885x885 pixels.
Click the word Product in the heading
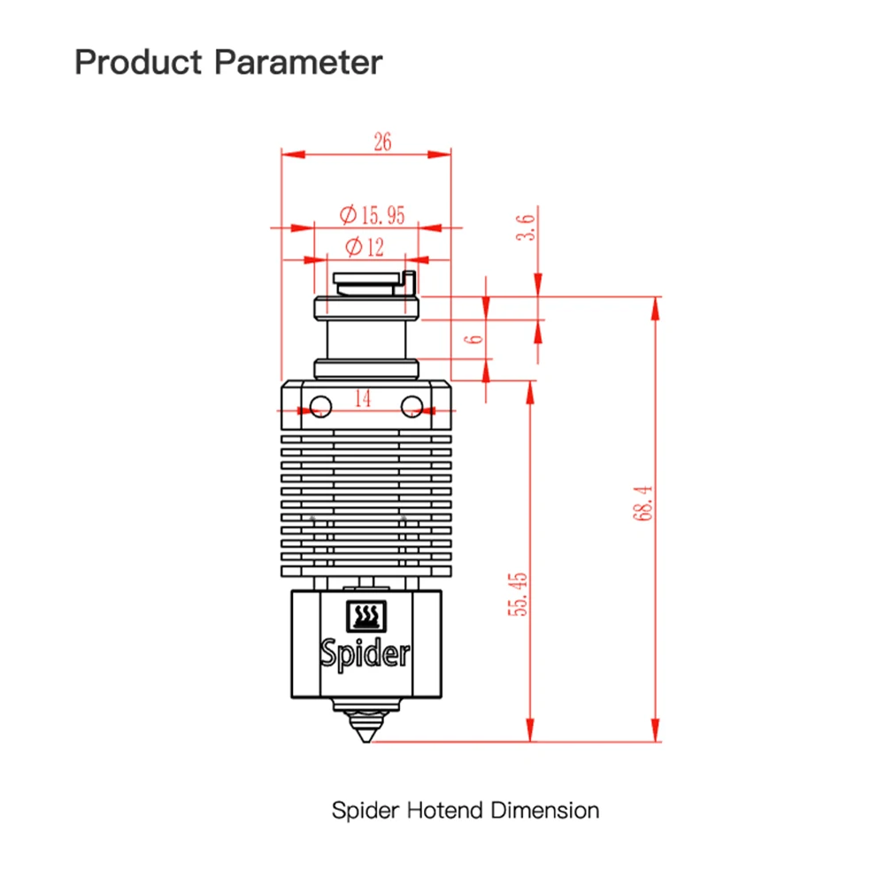pyautogui.click(x=138, y=62)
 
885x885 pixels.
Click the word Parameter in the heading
pyautogui.click(x=298, y=62)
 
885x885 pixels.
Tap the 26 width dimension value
pyautogui.click(x=382, y=142)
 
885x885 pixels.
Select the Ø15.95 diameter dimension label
pyautogui.click(x=372, y=215)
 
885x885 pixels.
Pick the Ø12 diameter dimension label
pyautogui.click(x=364, y=247)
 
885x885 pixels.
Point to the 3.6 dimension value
pyautogui.click(x=526, y=227)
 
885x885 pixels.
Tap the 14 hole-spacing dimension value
pyautogui.click(x=363, y=398)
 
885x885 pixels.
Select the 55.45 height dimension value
pyautogui.click(x=518, y=594)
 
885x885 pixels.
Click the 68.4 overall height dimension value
pyautogui.click(x=643, y=503)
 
